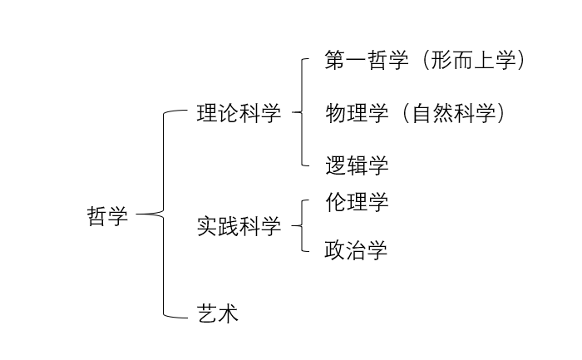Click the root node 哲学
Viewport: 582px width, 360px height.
point(108,216)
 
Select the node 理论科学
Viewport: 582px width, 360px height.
point(239,114)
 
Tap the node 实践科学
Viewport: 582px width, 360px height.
point(239,226)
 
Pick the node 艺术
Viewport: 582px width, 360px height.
point(218,314)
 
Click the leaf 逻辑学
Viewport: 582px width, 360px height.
point(357,165)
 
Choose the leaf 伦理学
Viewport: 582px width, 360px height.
point(357,202)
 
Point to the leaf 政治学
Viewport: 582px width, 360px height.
point(356,250)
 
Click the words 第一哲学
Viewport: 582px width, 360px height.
point(367,61)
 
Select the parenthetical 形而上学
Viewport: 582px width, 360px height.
point(473,61)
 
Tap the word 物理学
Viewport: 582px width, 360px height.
point(357,114)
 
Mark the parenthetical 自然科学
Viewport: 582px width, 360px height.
point(453,114)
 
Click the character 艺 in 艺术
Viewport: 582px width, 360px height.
point(207,314)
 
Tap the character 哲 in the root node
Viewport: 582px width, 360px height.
point(97,216)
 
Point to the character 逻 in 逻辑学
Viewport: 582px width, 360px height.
point(335,165)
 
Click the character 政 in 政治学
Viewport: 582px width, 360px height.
point(334,250)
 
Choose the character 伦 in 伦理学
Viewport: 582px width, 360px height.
point(335,202)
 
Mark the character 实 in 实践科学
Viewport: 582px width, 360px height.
point(207,226)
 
